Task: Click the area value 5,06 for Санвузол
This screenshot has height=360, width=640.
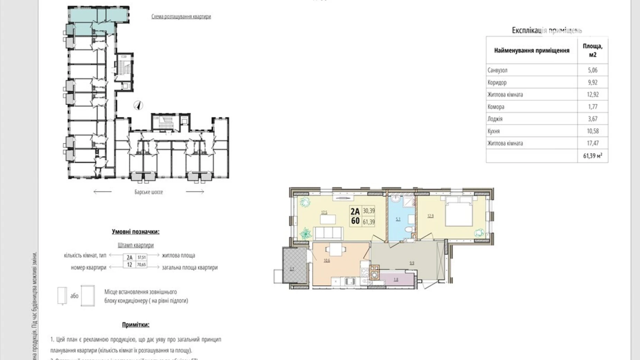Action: pos(592,70)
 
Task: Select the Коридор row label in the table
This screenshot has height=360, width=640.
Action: pos(497,82)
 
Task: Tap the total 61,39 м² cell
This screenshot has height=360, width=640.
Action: pos(592,156)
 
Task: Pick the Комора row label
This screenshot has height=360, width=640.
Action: pos(496,107)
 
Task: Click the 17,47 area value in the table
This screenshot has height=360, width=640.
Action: pos(592,143)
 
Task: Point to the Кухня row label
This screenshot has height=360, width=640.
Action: pos(494,131)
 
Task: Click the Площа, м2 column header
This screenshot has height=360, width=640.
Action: pos(592,51)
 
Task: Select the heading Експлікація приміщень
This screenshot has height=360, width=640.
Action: pos(547,30)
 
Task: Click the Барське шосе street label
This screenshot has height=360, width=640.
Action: pos(148,192)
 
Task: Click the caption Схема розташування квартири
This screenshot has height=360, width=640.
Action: pos(181,17)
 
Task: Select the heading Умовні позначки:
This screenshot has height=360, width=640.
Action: pos(136,232)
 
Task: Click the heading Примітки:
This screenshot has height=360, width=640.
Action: pos(136,325)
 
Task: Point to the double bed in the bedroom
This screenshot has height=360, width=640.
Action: pos(459,212)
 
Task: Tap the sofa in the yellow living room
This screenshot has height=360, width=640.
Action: pos(328,233)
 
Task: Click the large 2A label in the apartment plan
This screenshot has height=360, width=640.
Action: pos(355,211)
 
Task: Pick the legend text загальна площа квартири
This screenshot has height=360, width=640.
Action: pos(190,268)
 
